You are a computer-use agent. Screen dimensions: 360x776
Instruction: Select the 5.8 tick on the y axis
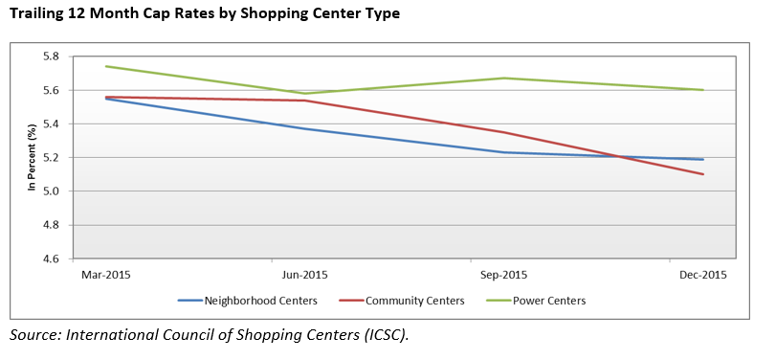(51, 56)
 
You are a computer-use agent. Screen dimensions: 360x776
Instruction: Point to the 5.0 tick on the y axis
(51, 191)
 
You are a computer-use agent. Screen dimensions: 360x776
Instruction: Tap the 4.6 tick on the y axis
(51, 259)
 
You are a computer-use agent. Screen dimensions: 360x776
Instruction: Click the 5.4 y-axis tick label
(51, 124)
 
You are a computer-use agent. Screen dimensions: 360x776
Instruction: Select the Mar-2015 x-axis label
(105, 275)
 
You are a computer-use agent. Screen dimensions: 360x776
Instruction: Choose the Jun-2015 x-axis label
(306, 275)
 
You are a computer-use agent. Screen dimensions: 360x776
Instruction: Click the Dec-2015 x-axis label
(703, 275)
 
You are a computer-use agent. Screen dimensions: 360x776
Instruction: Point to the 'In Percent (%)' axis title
(32, 157)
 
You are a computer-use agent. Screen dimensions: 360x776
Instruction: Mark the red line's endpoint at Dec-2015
(704, 174)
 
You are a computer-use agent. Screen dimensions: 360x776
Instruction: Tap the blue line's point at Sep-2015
(505, 152)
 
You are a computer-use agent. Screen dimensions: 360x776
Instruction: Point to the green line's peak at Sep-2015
(505, 79)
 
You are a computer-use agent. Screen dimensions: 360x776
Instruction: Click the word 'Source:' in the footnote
(37, 335)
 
